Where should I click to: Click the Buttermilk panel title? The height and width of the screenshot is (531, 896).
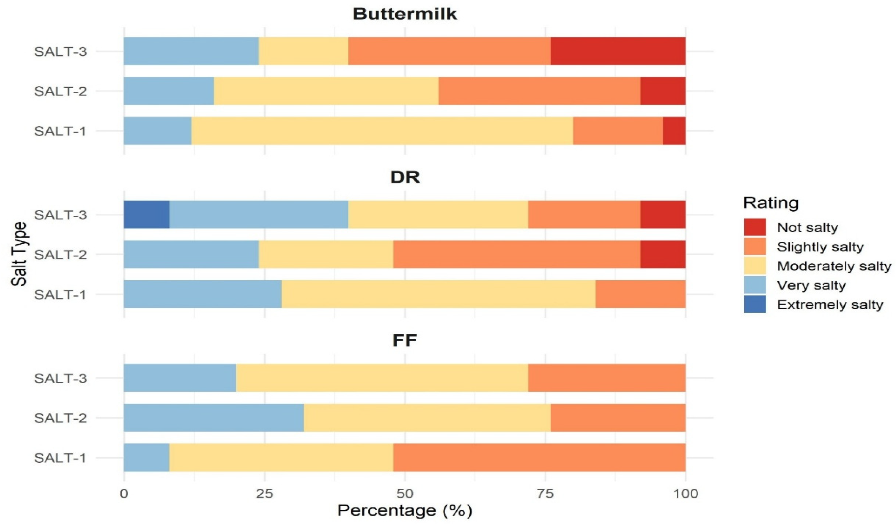405,14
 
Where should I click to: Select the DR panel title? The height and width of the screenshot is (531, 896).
405,177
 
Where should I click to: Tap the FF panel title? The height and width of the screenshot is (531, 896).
405,340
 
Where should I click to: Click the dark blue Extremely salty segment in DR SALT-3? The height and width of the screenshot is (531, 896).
147,214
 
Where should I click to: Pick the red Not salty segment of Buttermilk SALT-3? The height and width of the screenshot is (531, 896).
618,51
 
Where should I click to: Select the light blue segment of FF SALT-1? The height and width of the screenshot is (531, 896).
147,457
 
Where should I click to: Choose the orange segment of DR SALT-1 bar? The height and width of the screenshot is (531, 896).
640,294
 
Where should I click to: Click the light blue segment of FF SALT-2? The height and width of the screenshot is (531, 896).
214,418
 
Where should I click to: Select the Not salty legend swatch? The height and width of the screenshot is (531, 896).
755,227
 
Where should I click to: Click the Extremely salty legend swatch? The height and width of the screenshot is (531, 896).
755,304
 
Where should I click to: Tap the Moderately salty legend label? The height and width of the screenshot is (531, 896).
834,266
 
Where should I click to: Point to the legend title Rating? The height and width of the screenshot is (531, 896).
771,203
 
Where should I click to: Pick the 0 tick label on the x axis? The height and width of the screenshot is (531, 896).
124,494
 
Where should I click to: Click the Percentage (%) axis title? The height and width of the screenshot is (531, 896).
405,511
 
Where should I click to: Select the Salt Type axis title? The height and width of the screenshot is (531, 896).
19,254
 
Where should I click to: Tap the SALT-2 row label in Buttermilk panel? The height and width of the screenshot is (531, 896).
61,91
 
